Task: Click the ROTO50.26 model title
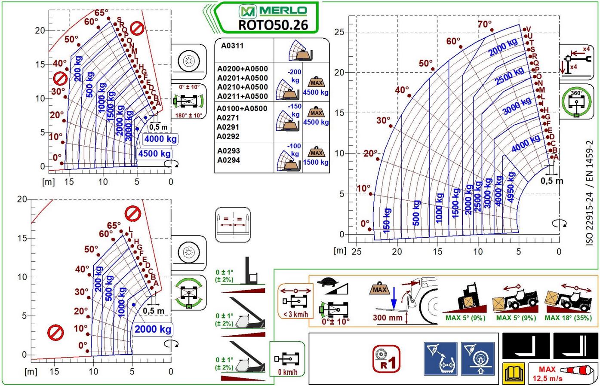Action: (273, 25)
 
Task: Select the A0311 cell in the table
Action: (232, 46)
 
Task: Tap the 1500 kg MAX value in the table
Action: (316, 162)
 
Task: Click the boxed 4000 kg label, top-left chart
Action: (160, 139)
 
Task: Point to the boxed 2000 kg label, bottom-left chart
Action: (153, 329)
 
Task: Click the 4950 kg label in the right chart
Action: (511, 187)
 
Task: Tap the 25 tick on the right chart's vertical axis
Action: (339, 32)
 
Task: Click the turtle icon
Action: (329, 282)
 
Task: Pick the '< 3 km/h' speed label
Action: (295, 314)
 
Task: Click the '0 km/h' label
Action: (288, 372)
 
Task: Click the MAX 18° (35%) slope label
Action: (568, 318)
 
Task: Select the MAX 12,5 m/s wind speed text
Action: (547, 374)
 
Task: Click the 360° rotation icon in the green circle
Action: (576, 103)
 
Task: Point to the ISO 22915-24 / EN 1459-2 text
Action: (590, 193)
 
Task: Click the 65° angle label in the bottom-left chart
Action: (114, 226)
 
